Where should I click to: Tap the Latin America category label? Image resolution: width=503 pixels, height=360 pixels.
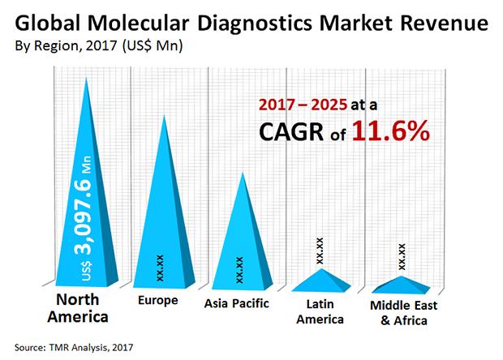tap(321, 311)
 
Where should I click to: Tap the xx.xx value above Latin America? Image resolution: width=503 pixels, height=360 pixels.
tap(321, 250)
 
